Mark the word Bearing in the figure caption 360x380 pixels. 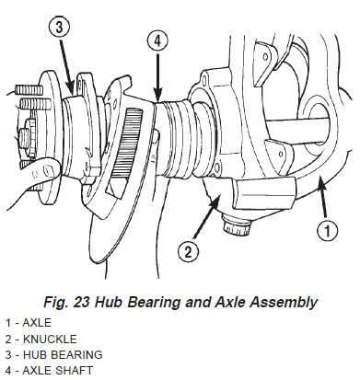coord(167,300)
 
